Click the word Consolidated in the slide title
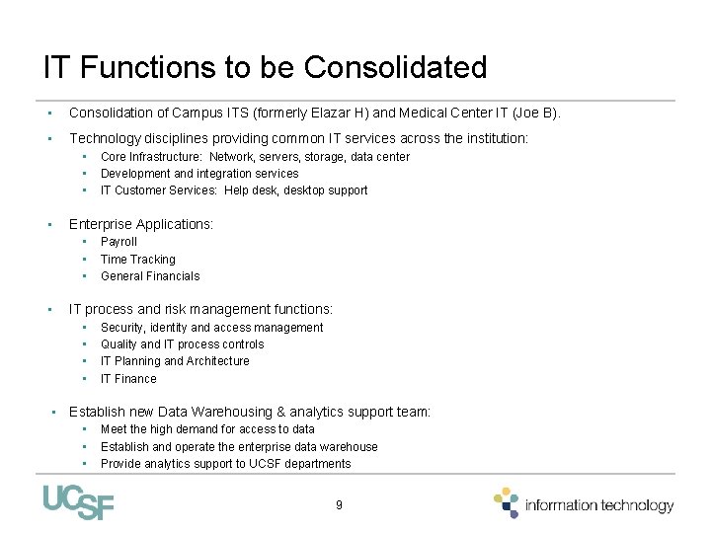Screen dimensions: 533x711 (x=396, y=68)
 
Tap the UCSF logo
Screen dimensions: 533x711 (x=79, y=502)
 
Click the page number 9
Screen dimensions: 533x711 (x=339, y=504)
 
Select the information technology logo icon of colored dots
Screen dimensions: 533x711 (x=507, y=501)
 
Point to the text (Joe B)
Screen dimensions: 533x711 (x=534, y=114)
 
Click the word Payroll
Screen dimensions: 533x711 (x=118, y=242)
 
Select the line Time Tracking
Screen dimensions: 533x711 (x=137, y=260)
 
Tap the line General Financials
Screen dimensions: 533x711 (x=150, y=276)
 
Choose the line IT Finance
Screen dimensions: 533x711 (x=128, y=379)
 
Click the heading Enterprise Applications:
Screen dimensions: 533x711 (x=141, y=224)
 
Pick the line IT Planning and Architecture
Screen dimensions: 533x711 (x=175, y=361)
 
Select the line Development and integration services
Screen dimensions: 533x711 (x=199, y=174)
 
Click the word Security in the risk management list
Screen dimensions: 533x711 (x=122, y=328)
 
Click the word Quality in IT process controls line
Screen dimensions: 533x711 (x=119, y=344)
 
